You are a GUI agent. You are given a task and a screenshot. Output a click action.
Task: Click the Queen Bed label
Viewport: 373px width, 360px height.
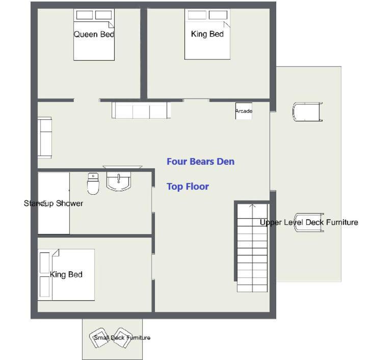94,34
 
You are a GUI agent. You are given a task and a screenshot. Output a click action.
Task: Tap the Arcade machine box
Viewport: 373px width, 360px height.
244,111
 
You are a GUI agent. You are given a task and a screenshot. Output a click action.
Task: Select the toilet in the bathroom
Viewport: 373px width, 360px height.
93,184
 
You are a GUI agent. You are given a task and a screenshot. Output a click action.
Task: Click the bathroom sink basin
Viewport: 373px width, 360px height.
118,181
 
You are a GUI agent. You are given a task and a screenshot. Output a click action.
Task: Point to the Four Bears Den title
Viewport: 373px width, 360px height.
201,162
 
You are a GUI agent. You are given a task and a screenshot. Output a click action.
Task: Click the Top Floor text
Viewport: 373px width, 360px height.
188,187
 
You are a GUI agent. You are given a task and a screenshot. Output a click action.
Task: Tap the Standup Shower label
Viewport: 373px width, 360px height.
54,203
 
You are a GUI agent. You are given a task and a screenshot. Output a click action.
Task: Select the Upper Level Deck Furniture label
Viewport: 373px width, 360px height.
309,222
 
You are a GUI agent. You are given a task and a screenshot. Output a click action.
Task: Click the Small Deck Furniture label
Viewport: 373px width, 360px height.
122,338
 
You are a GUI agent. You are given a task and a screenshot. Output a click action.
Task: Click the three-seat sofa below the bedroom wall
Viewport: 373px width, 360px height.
141,110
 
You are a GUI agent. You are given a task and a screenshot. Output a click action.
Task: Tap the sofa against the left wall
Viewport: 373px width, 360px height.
45,137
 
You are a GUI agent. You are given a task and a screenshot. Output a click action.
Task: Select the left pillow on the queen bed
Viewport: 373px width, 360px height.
85,15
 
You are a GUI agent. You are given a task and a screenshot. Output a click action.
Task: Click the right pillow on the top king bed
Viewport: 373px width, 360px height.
218,15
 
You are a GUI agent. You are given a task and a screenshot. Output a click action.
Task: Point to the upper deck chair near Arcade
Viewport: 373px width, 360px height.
307,112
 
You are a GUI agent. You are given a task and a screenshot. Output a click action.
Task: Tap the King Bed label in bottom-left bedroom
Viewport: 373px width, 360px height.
66,274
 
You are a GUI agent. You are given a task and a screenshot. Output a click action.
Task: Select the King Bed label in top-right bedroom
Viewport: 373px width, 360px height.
207,34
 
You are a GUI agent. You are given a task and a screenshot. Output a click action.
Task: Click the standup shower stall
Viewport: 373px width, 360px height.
54,203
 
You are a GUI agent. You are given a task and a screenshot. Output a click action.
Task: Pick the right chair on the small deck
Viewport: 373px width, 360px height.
122,338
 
